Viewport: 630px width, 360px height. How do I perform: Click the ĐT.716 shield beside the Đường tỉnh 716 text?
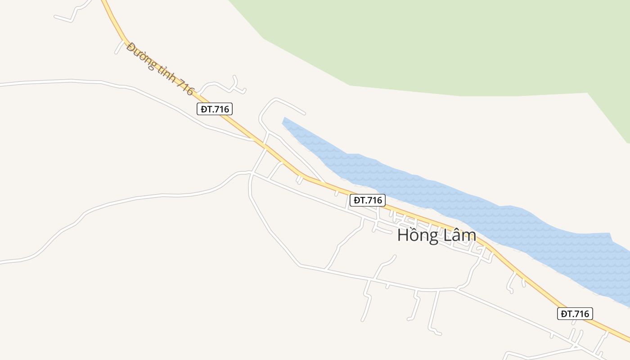pos(215,109)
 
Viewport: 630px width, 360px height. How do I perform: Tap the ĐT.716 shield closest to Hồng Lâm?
pos(367,200)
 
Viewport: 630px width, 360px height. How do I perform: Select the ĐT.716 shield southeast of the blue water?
pos(575,314)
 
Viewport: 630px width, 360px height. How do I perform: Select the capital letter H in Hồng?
pos(403,235)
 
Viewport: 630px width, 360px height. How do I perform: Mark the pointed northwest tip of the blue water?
pos(284,120)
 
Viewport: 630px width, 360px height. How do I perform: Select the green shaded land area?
pos(427,45)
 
